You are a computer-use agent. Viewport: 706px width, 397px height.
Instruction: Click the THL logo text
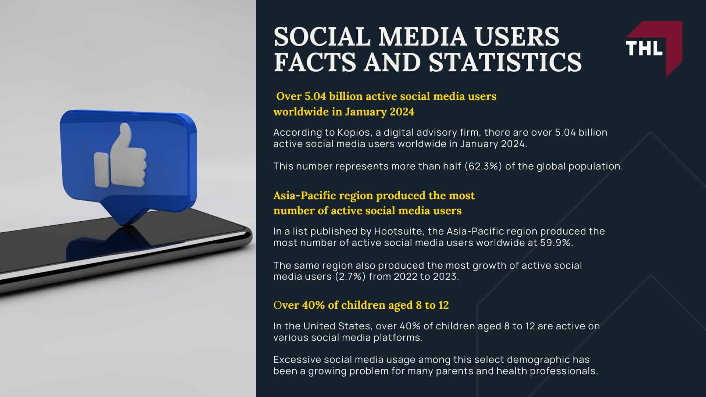coord(644,48)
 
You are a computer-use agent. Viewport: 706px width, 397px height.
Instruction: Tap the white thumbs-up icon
coord(121,158)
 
